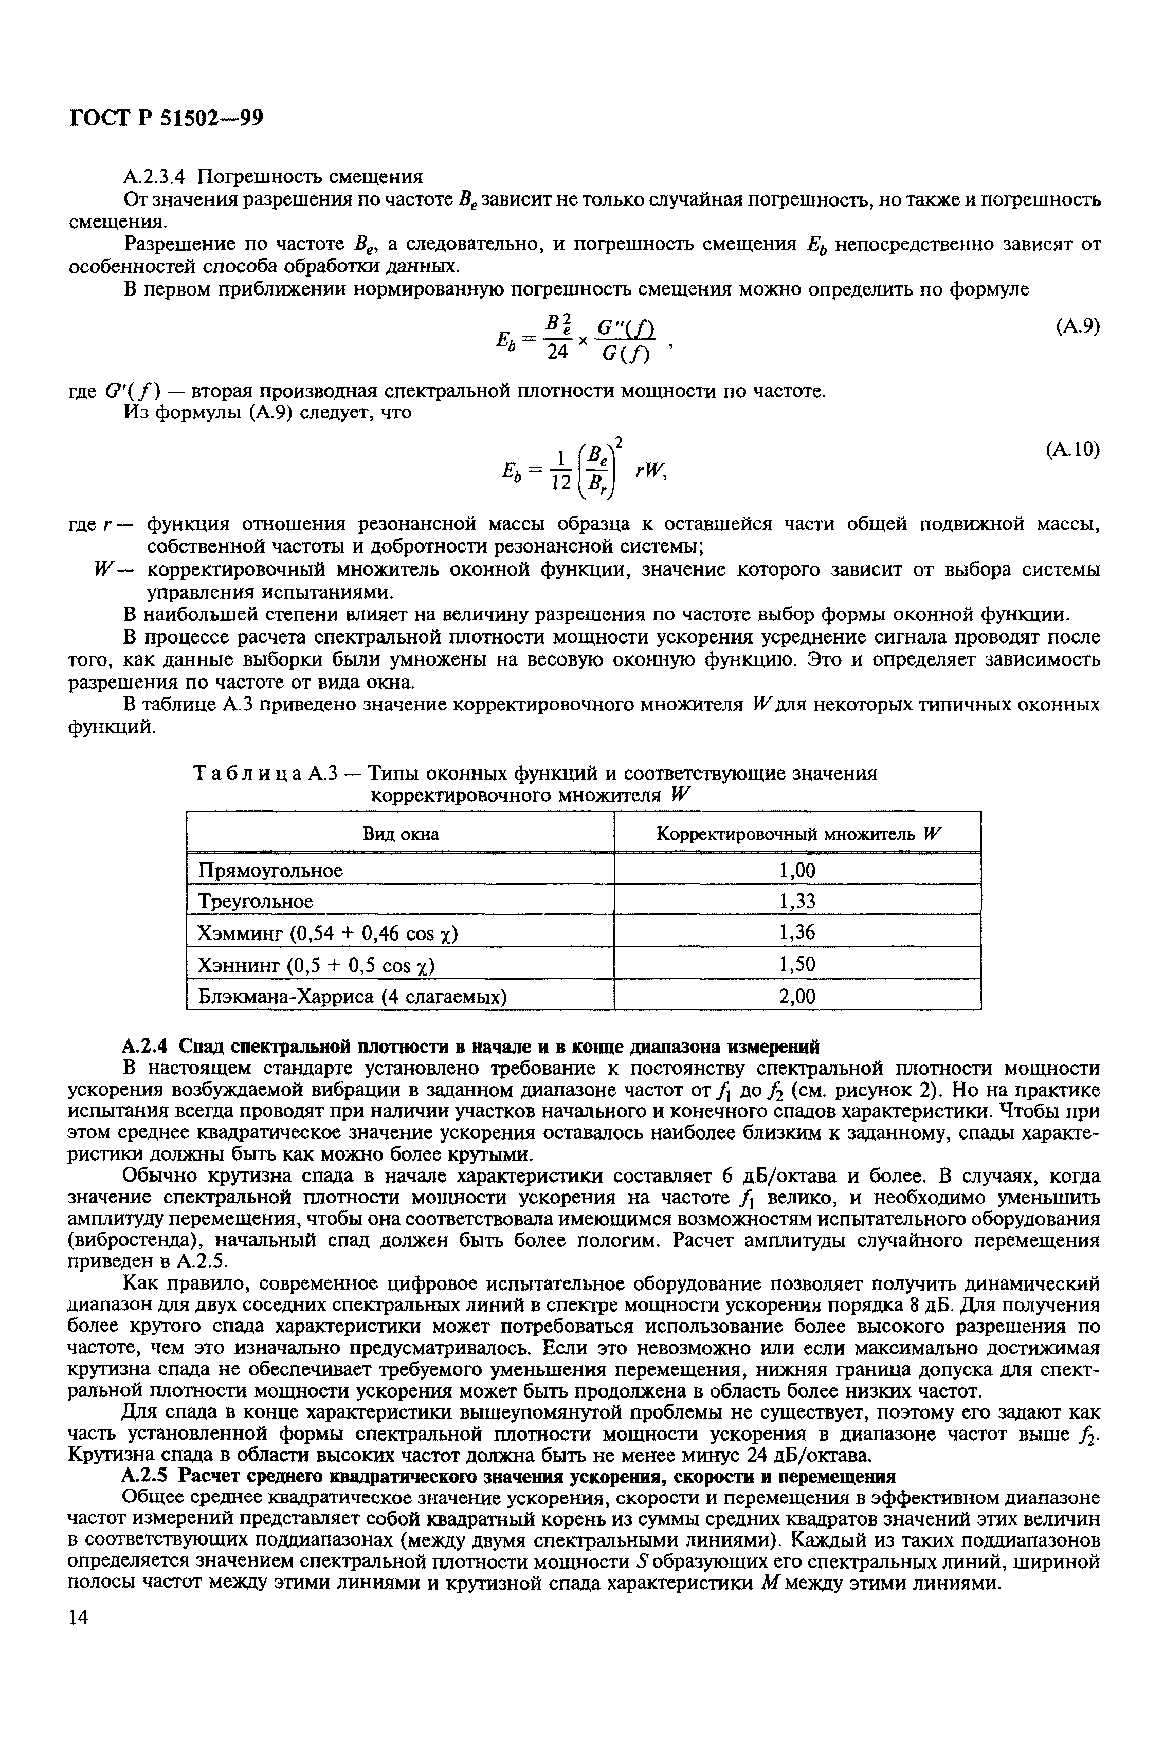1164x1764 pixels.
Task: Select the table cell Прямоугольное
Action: coord(270,870)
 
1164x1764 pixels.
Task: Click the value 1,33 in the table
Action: coord(797,901)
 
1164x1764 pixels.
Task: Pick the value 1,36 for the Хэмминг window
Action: coord(797,932)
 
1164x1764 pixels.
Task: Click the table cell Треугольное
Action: coord(256,901)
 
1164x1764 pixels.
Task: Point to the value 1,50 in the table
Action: coord(797,964)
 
